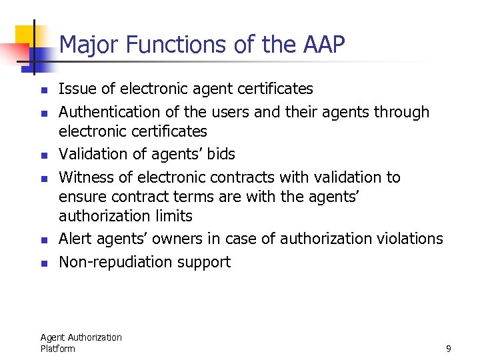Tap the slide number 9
pos(449,349)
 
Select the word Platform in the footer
pos(58,349)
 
